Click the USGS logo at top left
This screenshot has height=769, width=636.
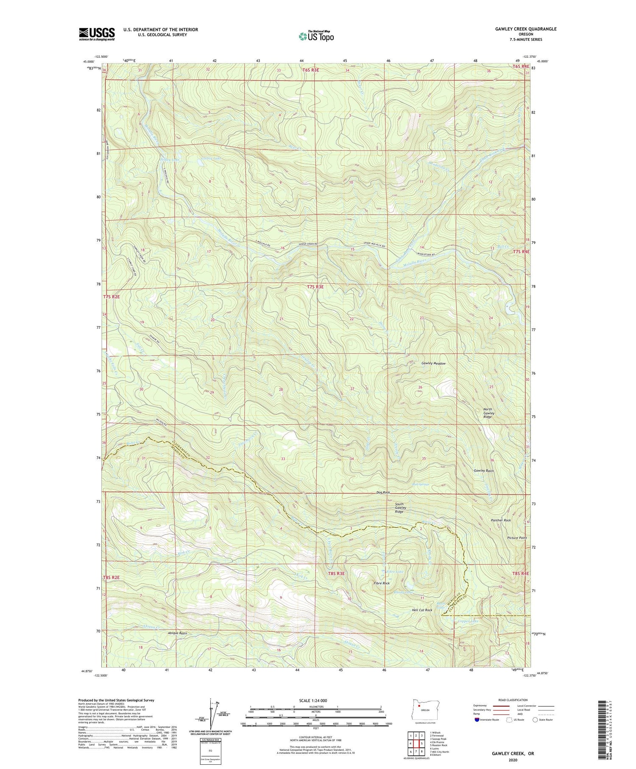pyautogui.click(x=97, y=34)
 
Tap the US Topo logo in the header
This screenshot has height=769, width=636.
pyautogui.click(x=316, y=36)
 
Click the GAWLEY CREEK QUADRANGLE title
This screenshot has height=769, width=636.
pyautogui.click(x=525, y=29)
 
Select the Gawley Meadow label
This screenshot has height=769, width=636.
pyautogui.click(x=433, y=364)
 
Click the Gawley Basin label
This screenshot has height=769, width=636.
pyautogui.click(x=484, y=471)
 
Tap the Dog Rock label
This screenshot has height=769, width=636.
pyautogui.click(x=383, y=492)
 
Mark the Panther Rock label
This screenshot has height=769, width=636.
pyautogui.click(x=500, y=520)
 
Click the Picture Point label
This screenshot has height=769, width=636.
pyautogui.click(x=517, y=538)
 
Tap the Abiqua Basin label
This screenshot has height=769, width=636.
pyautogui.click(x=175, y=633)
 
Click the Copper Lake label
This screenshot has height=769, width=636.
pyautogui.click(x=468, y=621)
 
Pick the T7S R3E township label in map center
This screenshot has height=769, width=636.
pyautogui.click(x=315, y=287)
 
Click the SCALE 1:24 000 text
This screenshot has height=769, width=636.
pyautogui.click(x=315, y=700)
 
